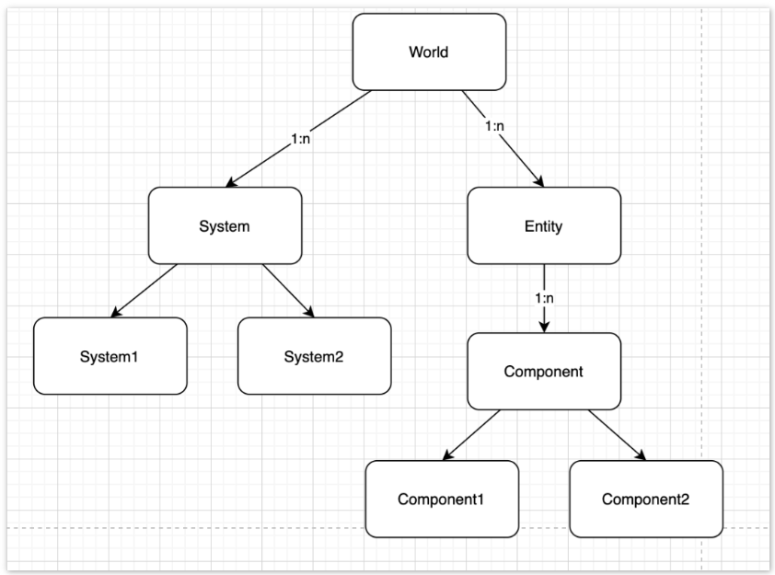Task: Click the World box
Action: point(429,52)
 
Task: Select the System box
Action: point(225,225)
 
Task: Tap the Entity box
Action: point(544,225)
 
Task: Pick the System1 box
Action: point(110,356)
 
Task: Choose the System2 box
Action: point(315,356)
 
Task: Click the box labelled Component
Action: point(544,371)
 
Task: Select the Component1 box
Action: point(442,499)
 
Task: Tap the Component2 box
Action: point(646,499)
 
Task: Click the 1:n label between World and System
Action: point(300,139)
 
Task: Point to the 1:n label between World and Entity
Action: point(494,126)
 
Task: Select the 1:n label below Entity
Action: point(544,298)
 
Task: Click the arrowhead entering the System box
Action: point(232,182)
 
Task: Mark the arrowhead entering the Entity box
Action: point(538,181)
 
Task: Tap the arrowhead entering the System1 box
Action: point(116,312)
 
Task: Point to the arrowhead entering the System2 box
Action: point(309,311)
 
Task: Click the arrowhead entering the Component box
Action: point(544,327)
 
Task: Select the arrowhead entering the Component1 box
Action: point(448,455)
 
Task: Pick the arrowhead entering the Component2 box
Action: point(640,455)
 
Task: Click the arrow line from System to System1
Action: point(144,291)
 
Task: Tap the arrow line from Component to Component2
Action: point(618,435)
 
